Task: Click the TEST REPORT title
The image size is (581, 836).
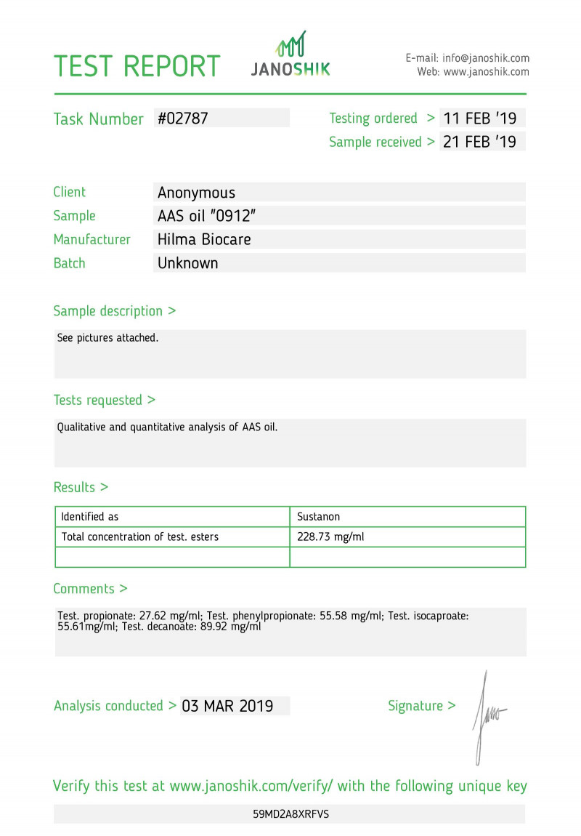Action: (137, 66)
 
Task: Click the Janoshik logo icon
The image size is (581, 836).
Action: (290, 44)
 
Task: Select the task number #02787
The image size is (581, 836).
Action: (183, 118)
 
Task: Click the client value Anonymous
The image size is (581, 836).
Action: (196, 193)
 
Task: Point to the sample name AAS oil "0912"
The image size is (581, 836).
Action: (206, 216)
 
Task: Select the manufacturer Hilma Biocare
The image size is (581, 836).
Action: (204, 239)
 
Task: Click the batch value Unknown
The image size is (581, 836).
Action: (187, 263)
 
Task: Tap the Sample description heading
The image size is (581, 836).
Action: (114, 311)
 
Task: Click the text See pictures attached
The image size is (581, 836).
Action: (107, 338)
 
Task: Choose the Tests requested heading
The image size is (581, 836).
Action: (104, 400)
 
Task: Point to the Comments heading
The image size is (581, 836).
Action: (90, 589)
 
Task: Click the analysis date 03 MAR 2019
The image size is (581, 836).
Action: (227, 706)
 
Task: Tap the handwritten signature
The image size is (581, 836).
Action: (487, 716)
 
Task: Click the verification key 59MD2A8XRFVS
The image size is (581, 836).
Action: (290, 814)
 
